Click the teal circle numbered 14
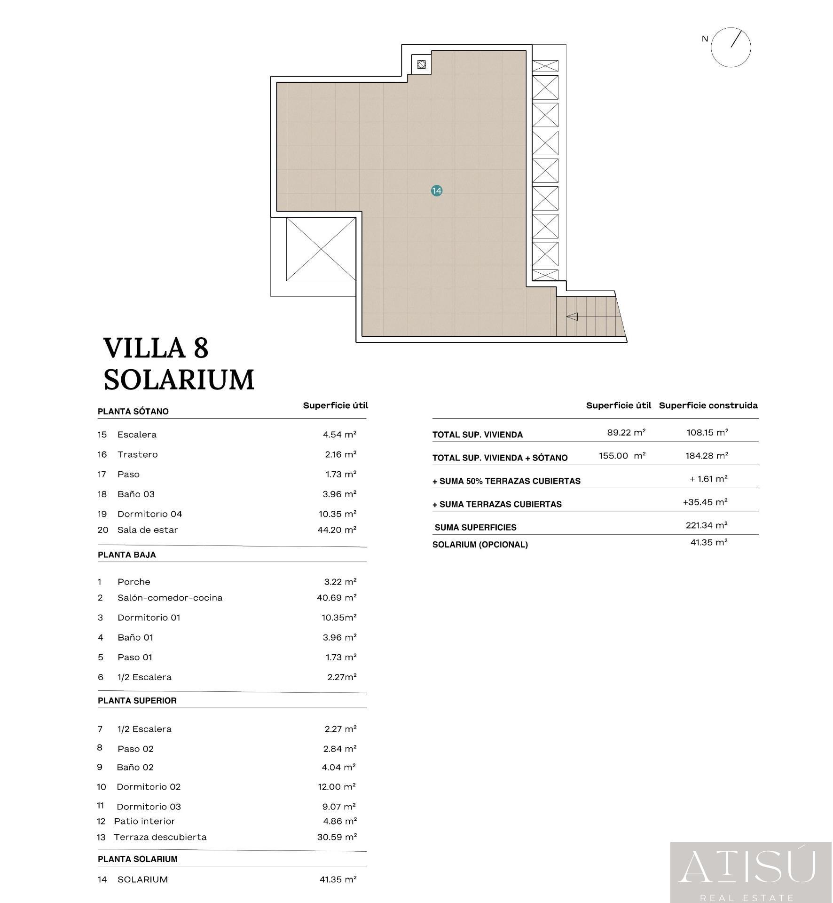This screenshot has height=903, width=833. (x=437, y=190)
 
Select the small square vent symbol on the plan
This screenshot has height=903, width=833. (x=422, y=64)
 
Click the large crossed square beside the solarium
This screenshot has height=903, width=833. (x=321, y=249)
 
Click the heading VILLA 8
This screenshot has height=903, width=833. (x=156, y=348)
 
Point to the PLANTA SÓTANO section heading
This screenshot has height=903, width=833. (x=133, y=412)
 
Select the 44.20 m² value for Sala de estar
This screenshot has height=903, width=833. (x=337, y=530)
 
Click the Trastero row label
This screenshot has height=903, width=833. (x=138, y=455)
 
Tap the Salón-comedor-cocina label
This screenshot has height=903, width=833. (x=170, y=598)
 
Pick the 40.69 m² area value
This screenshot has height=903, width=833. (x=337, y=598)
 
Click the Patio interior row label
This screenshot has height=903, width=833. (x=144, y=821)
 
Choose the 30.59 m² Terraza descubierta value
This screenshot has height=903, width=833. (x=337, y=837)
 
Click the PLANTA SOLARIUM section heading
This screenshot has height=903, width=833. (x=138, y=859)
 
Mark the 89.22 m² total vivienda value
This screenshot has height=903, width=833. (x=626, y=432)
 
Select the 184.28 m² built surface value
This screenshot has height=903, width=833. (x=707, y=456)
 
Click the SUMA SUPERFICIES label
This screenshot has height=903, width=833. (x=476, y=528)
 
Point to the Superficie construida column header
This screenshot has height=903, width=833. (x=708, y=405)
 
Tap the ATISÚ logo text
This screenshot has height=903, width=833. (x=747, y=866)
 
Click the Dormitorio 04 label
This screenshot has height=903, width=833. (x=149, y=514)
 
